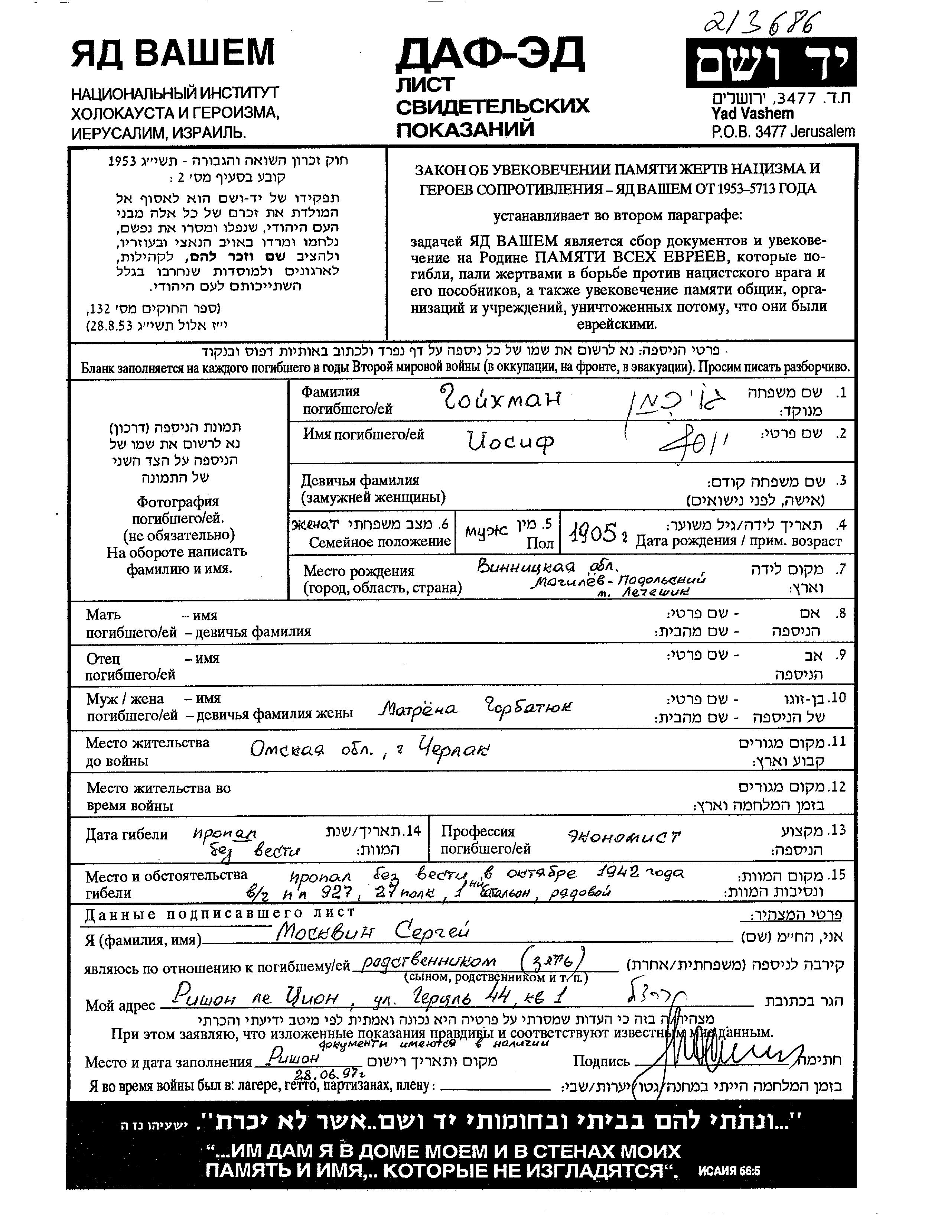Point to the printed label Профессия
[478, 831]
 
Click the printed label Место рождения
[359, 571]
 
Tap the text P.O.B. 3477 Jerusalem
[783, 132]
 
